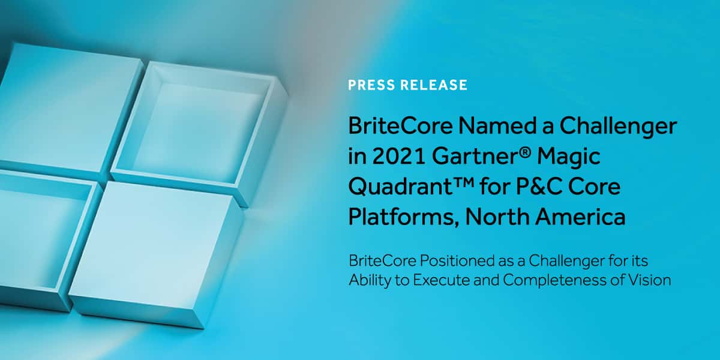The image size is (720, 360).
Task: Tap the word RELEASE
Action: click(434, 85)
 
